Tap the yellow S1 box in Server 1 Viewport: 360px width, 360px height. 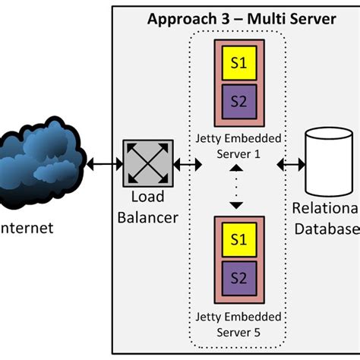pyautogui.click(x=238, y=64)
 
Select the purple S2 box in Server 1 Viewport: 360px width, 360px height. pyautogui.click(x=238, y=99)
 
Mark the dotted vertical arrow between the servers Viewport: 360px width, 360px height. pyautogui.click(x=237, y=186)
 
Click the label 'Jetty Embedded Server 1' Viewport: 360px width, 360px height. pyautogui.click(x=237, y=146)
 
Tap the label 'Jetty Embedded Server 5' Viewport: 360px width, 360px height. pyautogui.click(x=237, y=324)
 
